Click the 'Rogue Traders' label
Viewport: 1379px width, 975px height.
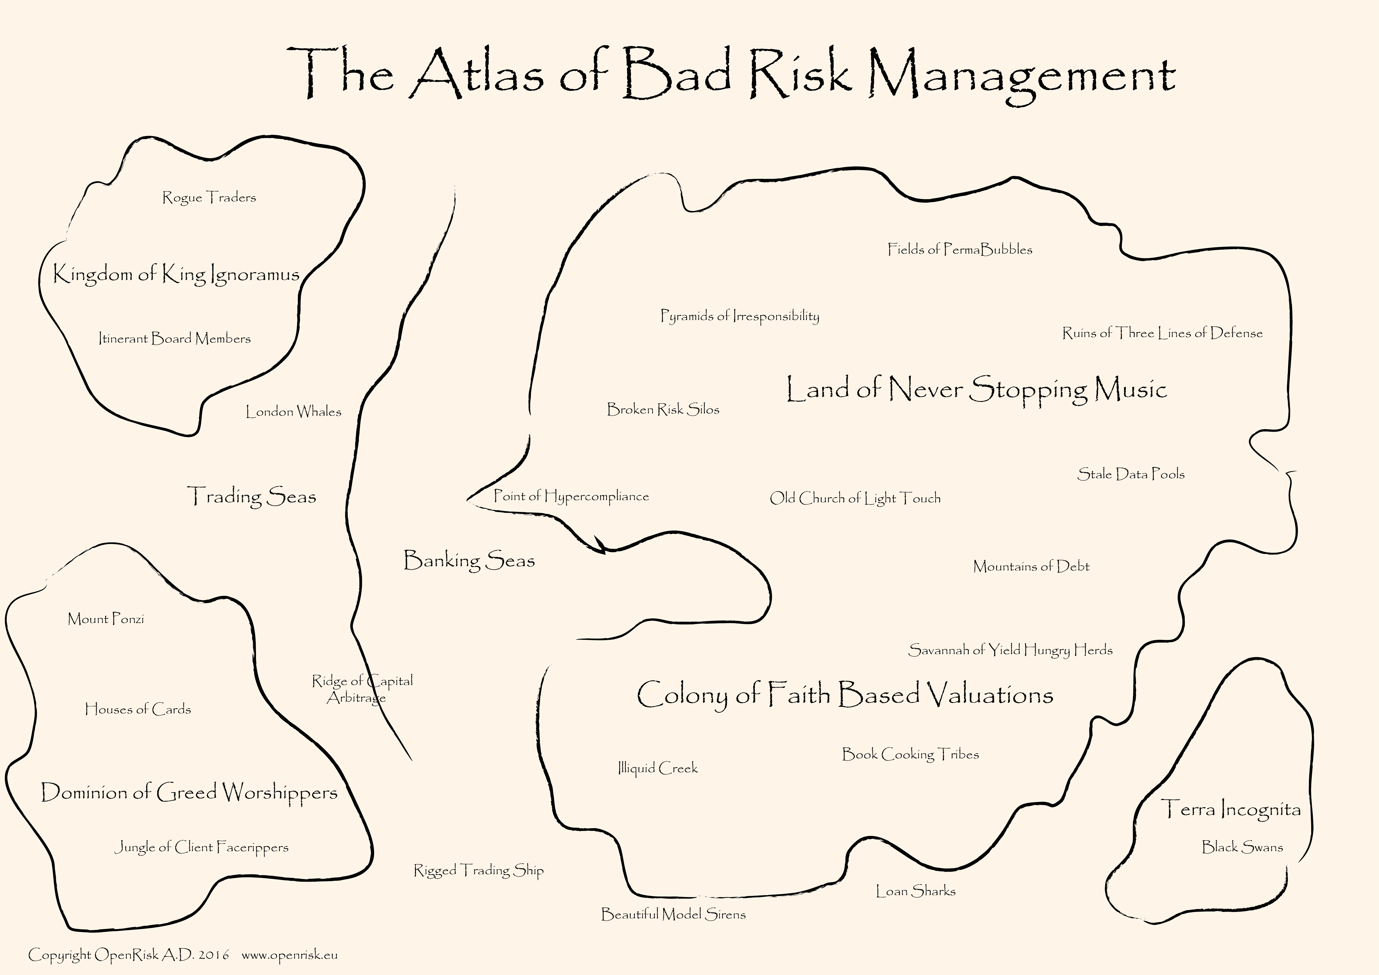[x=209, y=198]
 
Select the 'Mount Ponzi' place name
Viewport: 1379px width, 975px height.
[x=106, y=619]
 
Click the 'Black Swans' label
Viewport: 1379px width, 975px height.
[x=1242, y=847]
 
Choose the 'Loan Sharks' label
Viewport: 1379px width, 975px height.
[x=915, y=891]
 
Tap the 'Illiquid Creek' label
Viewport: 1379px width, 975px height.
[x=658, y=768]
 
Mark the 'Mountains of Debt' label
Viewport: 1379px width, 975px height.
[x=1031, y=566]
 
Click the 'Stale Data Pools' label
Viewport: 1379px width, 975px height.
[x=1131, y=474]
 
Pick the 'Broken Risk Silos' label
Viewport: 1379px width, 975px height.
[x=663, y=409]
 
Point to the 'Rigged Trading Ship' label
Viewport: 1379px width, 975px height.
[x=479, y=870]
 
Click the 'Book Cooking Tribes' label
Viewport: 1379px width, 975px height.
[x=910, y=755]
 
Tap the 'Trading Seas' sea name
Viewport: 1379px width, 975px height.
[x=252, y=496]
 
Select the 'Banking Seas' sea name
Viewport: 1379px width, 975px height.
[x=469, y=561]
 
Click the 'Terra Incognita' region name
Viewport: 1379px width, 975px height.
[x=1231, y=809]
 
